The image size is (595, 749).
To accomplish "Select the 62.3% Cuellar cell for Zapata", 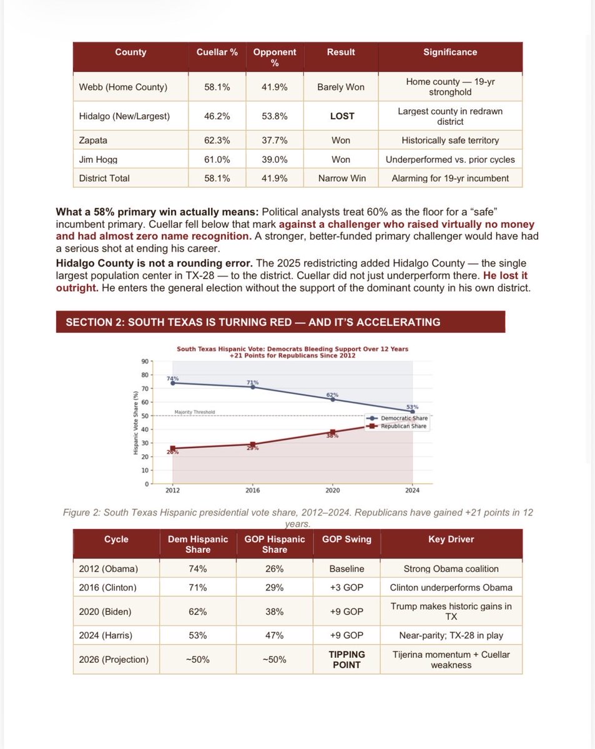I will coord(217,140).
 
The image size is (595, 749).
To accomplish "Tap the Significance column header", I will coord(450,52).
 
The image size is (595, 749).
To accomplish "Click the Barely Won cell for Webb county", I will coord(341,87).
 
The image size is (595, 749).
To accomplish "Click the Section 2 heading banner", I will coord(280,322).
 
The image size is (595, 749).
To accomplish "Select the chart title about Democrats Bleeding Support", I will coord(292,352).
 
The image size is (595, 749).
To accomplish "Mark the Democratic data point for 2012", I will coord(172,383).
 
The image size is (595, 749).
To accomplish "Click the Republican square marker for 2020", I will coord(332,432).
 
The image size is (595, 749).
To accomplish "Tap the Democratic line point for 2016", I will coord(252,387).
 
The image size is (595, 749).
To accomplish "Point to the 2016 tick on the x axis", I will coord(252,491).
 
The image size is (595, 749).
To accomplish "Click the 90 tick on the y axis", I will coord(144,361).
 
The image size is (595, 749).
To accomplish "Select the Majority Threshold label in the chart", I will coord(195,412).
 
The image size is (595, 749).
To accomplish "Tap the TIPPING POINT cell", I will coord(347,659).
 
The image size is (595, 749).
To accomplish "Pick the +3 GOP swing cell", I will coord(347,587).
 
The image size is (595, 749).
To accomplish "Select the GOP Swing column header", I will coord(347,539).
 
